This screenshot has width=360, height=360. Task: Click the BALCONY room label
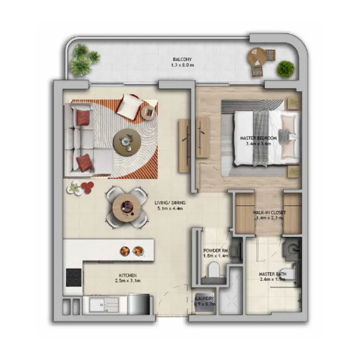click(x=182, y=59)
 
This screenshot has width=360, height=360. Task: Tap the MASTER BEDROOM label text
click(x=258, y=138)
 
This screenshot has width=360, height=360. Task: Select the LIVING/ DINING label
click(x=170, y=203)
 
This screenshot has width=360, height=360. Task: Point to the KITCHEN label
click(x=128, y=275)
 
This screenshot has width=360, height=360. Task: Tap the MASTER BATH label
click(x=272, y=274)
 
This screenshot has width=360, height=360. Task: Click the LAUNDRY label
click(x=205, y=299)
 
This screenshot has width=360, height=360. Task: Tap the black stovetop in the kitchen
click(x=74, y=277)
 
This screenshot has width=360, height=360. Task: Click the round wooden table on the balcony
click(x=257, y=57)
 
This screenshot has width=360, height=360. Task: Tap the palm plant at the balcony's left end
click(x=82, y=60)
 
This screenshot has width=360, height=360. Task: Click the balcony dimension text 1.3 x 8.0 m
click(x=182, y=65)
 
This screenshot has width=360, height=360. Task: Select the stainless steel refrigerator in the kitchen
click(x=139, y=304)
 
